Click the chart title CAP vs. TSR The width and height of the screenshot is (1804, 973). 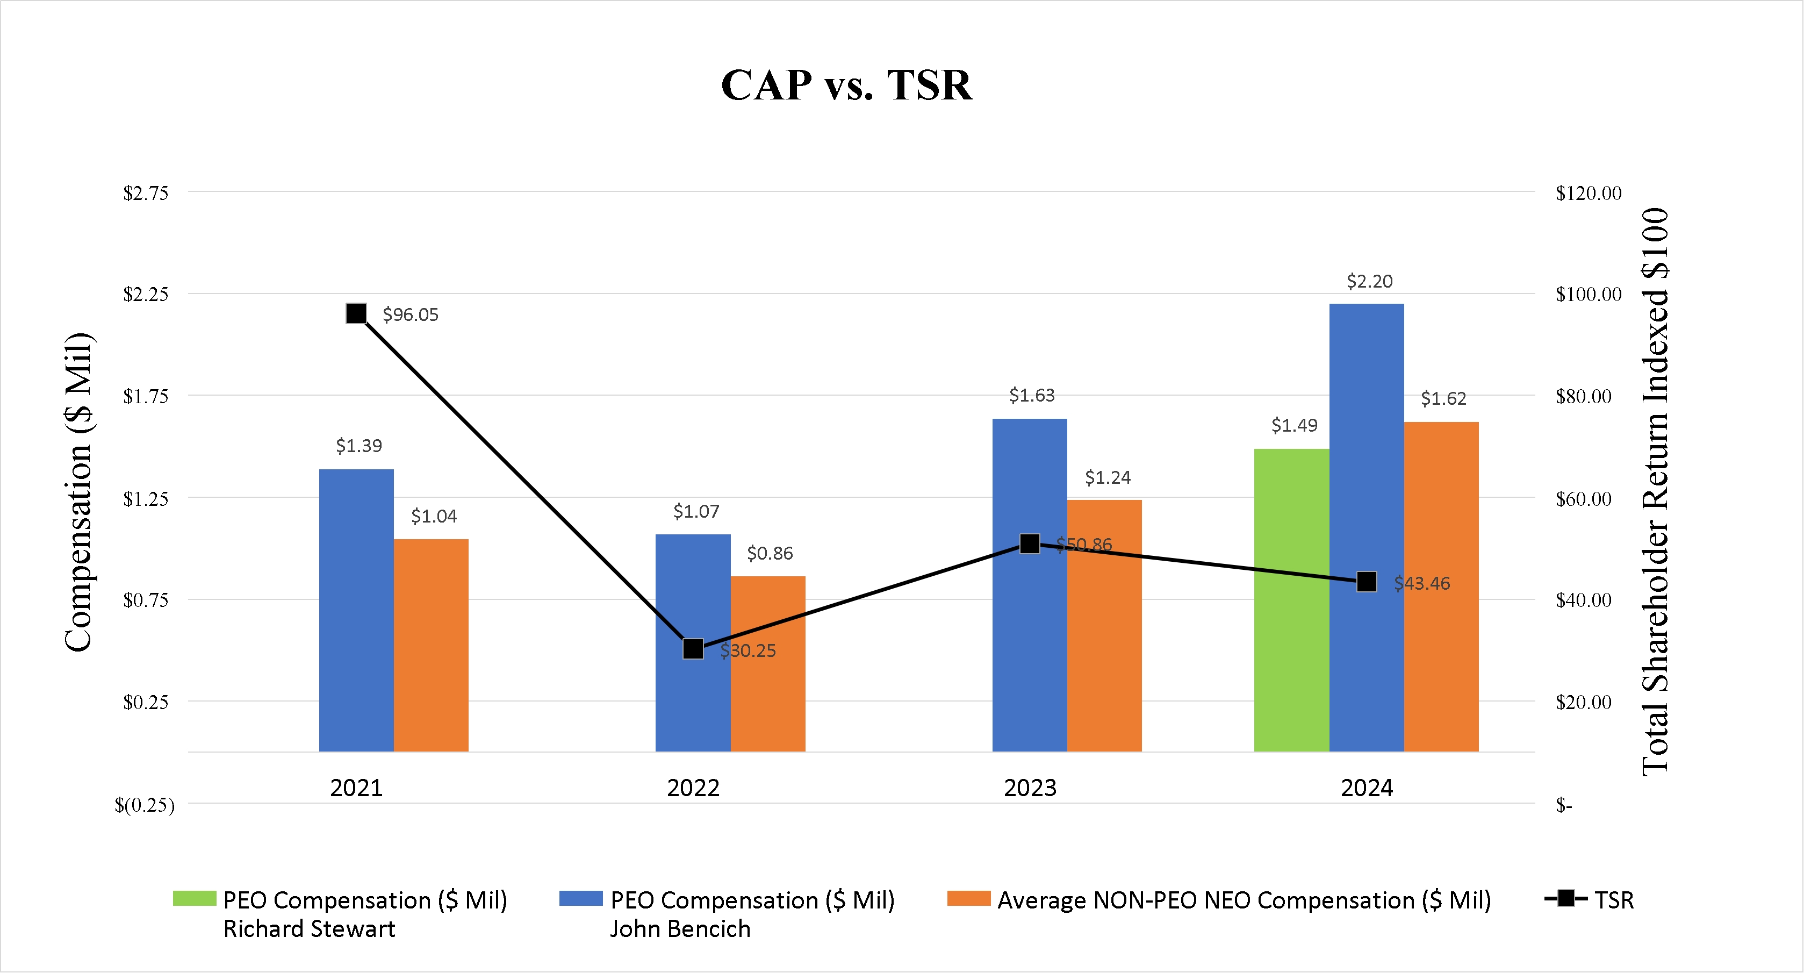tap(846, 85)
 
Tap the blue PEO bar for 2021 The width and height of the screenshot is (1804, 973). tap(356, 610)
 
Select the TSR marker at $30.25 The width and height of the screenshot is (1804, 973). tap(693, 649)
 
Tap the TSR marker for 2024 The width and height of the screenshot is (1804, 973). tap(1367, 582)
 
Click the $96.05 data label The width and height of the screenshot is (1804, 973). tap(411, 314)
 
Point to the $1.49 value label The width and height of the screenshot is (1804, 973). tap(1294, 425)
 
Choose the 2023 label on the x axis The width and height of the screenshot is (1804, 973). tap(1030, 788)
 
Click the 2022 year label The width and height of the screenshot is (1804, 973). tap(693, 788)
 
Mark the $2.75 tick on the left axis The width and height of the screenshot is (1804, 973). tap(146, 194)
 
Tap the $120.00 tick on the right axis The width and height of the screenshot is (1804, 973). tap(1587, 194)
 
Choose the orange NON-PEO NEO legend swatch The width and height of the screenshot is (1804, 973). tap(968, 898)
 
